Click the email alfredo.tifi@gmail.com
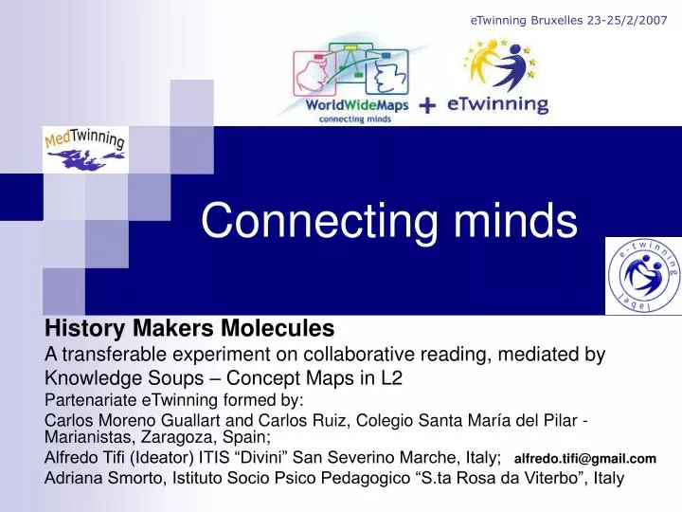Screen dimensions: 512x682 584,459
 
